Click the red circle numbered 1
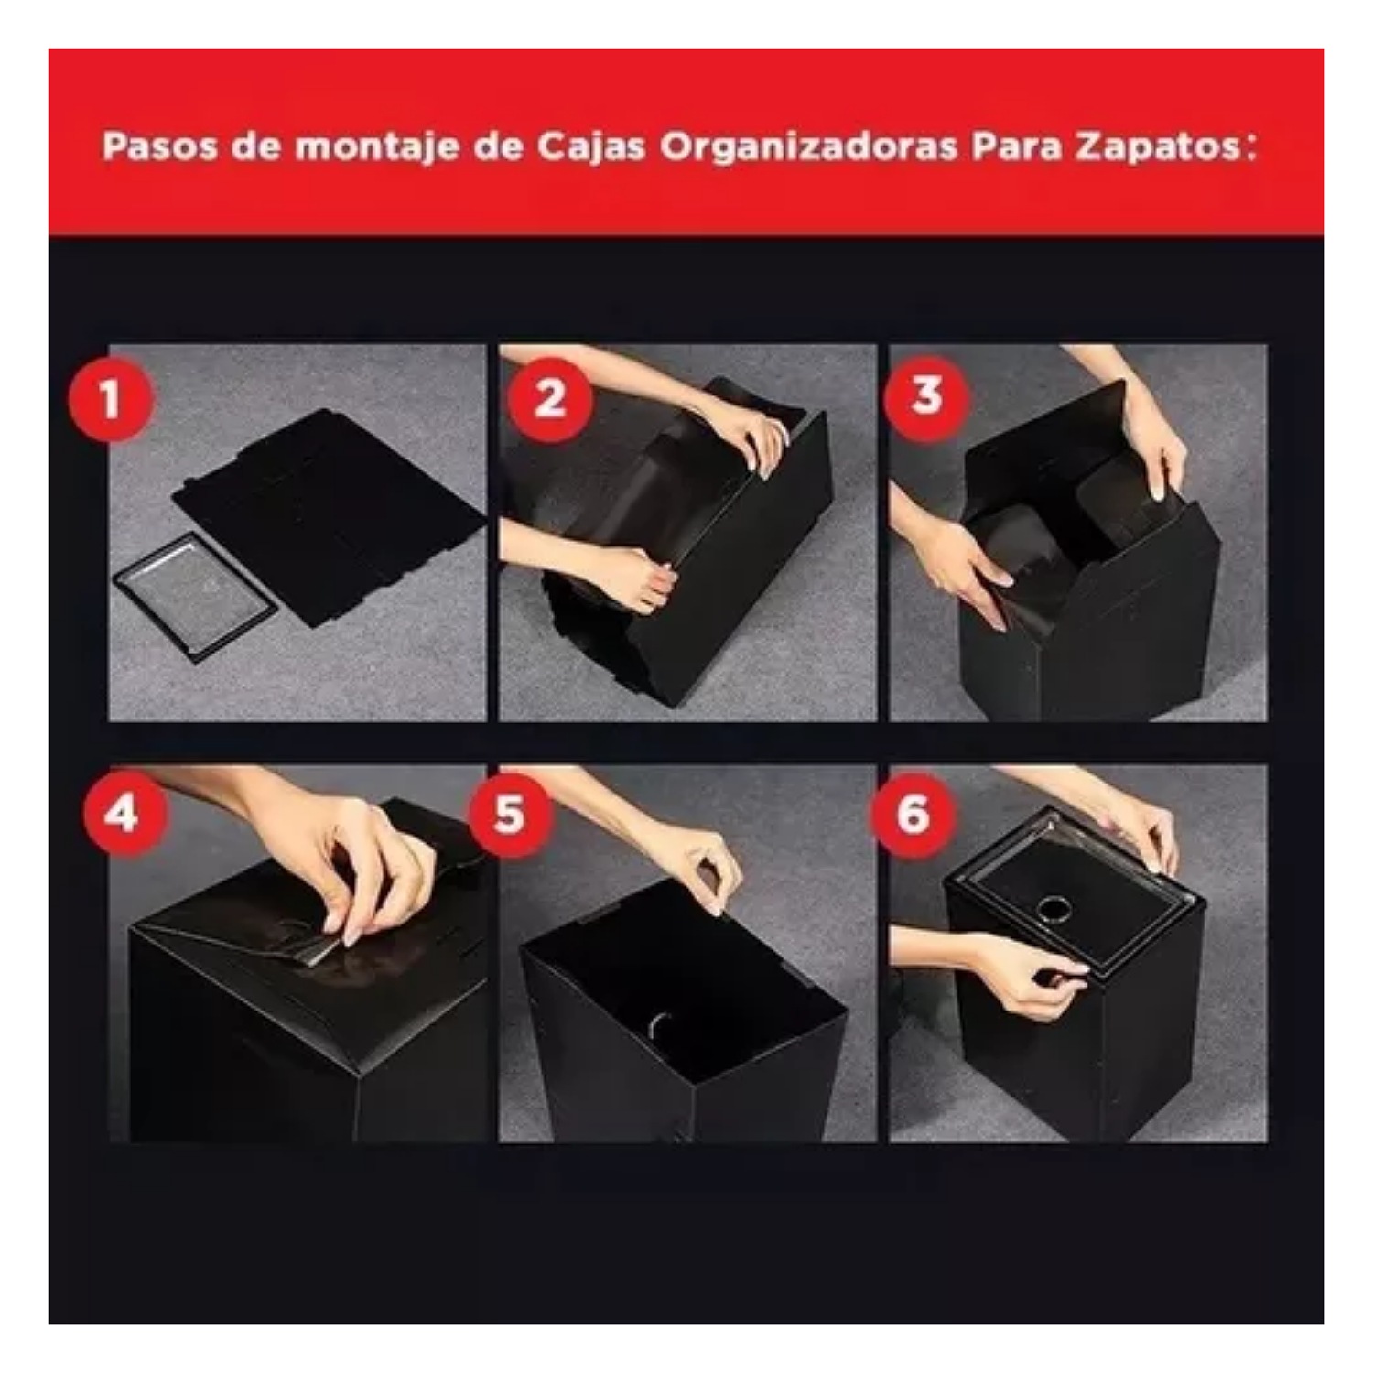click(111, 399)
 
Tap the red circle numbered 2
click(549, 399)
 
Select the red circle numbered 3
click(927, 396)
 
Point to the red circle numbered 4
click(123, 813)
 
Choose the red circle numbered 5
click(510, 813)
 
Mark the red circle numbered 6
click(913, 813)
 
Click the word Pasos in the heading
click(158, 147)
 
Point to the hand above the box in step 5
click(700, 865)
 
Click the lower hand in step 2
click(632, 577)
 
